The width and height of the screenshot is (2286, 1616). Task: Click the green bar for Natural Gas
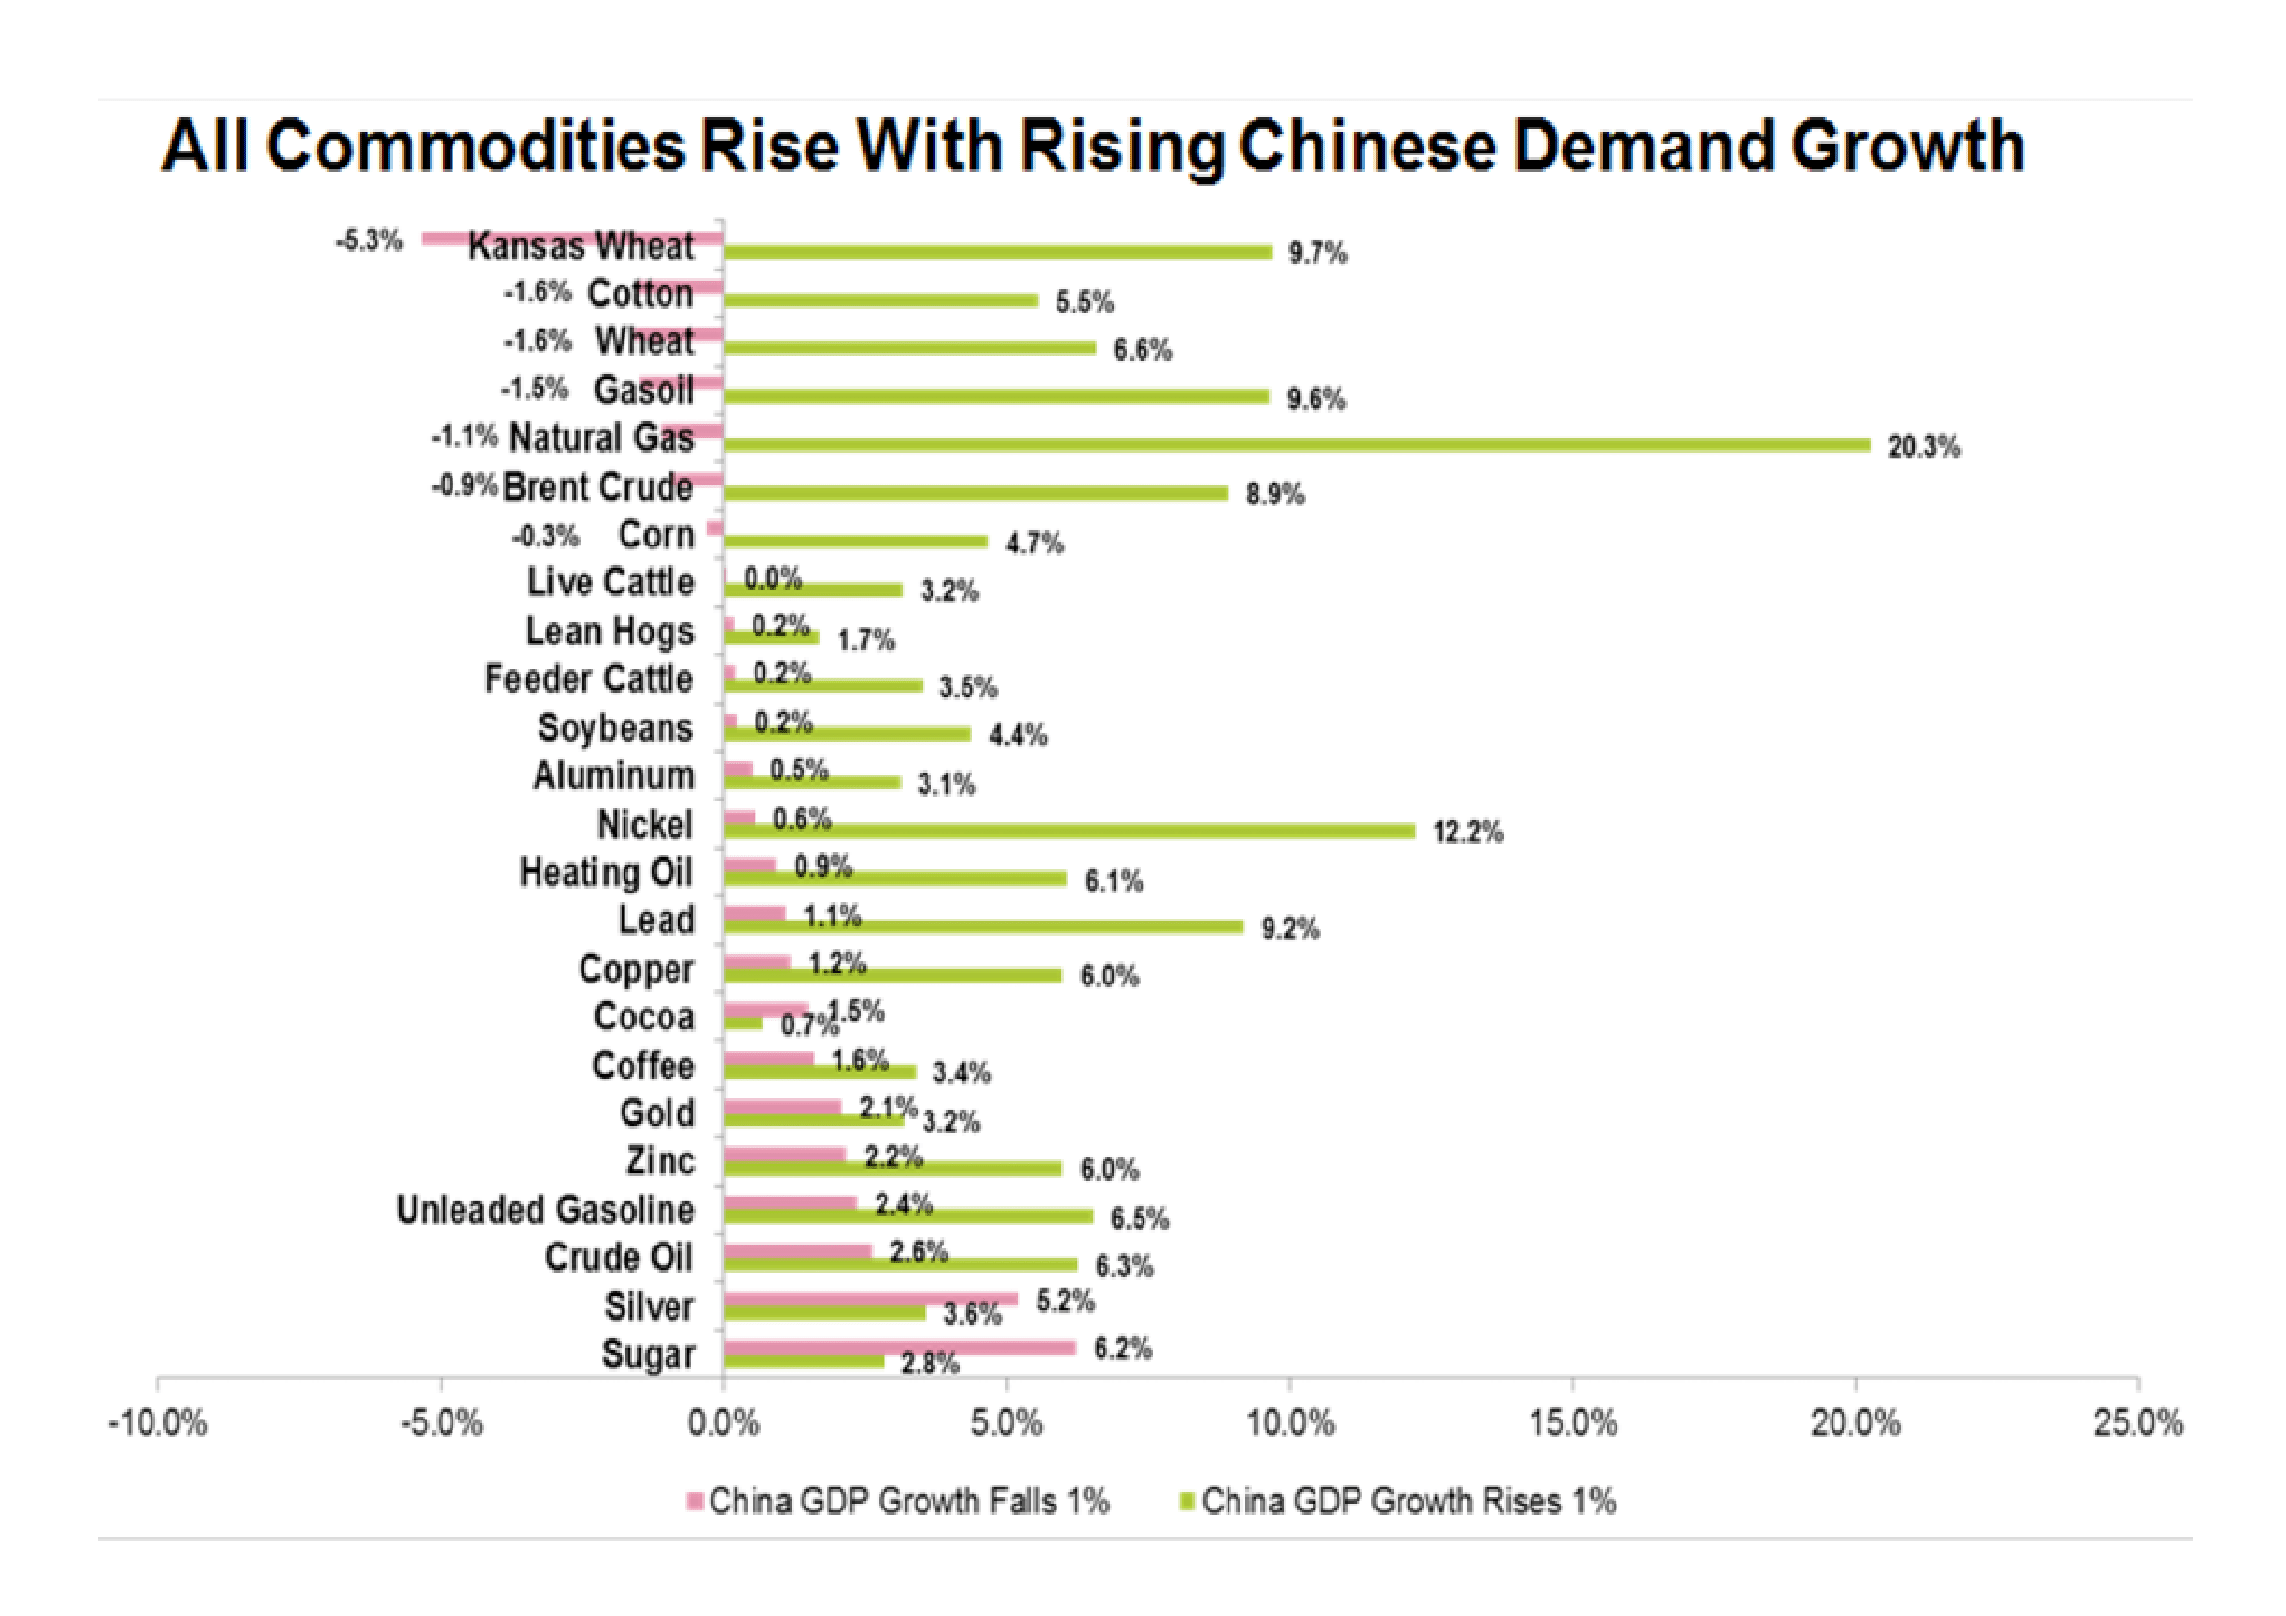pyautogui.click(x=1294, y=444)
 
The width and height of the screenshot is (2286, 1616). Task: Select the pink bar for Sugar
pyautogui.click(x=899, y=1347)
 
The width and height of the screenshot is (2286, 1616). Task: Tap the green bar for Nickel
pyautogui.click(x=1068, y=830)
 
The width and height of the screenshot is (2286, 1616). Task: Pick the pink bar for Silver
pyautogui.click(x=870, y=1299)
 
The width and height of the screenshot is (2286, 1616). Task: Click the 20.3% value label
pyautogui.click(x=1922, y=447)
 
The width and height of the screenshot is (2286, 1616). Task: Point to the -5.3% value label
pyautogui.click(x=368, y=240)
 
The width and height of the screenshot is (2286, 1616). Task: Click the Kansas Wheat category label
pyautogui.click(x=581, y=246)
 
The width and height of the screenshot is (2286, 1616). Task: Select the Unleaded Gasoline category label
pyautogui.click(x=544, y=1209)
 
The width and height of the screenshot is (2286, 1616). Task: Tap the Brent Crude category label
pyautogui.click(x=597, y=487)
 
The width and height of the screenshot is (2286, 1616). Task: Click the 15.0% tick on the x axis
pyautogui.click(x=1574, y=1422)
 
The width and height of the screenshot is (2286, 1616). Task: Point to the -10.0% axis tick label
pyautogui.click(x=157, y=1422)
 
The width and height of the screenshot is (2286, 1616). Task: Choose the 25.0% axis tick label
pyautogui.click(x=2137, y=1422)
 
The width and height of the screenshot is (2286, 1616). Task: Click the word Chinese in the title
pyautogui.click(x=1366, y=147)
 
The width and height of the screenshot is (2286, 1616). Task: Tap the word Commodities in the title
pyautogui.click(x=476, y=147)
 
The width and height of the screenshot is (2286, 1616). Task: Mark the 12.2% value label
pyautogui.click(x=1468, y=832)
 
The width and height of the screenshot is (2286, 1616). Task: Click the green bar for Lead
pyautogui.click(x=982, y=927)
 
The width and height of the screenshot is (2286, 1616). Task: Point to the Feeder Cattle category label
pyautogui.click(x=588, y=679)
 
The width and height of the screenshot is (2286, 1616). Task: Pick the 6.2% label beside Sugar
pyautogui.click(x=1122, y=1349)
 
